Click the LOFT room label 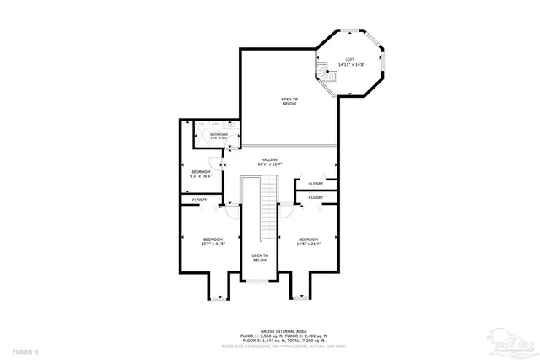[x=348, y=59]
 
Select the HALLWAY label [x=270, y=160]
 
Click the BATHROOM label [x=219, y=134]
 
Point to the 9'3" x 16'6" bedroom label [x=201, y=173]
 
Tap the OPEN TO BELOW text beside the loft [x=289, y=101]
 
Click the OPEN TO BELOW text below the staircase [x=260, y=258]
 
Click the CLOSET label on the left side [x=199, y=200]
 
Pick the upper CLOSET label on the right [x=316, y=184]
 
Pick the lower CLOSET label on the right [x=316, y=197]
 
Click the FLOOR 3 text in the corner [x=25, y=349]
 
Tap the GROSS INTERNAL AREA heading [x=271, y=331]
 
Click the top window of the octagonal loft [x=348, y=31]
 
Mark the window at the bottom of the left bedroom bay [x=219, y=297]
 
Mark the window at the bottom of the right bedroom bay [x=302, y=297]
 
